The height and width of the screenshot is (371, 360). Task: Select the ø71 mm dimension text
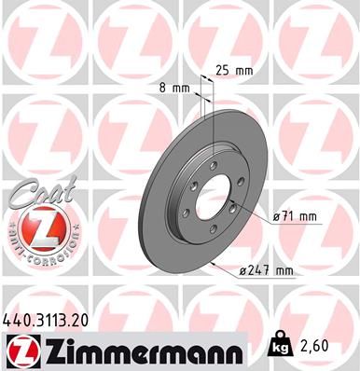coord(295,216)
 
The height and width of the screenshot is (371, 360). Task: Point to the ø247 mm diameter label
coord(267,271)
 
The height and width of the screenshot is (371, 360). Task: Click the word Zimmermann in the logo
coord(139,351)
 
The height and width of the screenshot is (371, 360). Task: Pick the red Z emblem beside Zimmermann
coord(20,351)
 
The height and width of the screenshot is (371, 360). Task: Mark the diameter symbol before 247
coord(242,271)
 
